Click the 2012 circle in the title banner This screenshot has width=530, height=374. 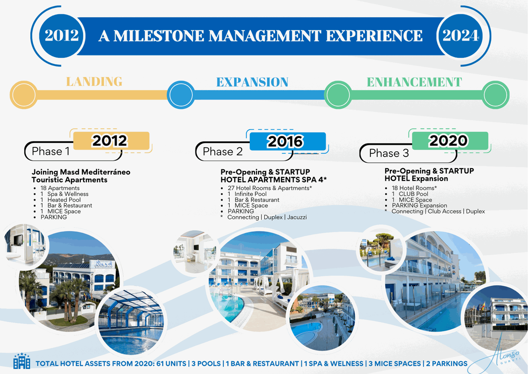[x=61, y=35]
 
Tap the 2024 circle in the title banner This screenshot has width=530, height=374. [x=460, y=35]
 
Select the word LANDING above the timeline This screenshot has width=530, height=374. [x=94, y=82]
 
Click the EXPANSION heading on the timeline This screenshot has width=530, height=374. [x=252, y=82]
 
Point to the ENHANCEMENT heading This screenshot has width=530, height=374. [x=414, y=82]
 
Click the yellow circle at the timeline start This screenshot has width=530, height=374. [x=24, y=95]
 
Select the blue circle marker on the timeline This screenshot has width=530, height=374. [x=181, y=95]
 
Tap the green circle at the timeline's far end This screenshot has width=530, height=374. [x=495, y=95]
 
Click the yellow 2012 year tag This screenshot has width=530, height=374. [x=111, y=141]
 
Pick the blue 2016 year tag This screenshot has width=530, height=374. [x=288, y=141]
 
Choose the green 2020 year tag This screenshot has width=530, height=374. [x=450, y=141]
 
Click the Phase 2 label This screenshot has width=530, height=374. [x=222, y=152]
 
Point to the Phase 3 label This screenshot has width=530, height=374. [x=389, y=153]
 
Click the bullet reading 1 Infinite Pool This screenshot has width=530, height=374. [x=247, y=194]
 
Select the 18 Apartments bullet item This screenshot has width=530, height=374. [x=60, y=188]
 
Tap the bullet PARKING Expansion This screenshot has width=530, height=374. [x=419, y=206]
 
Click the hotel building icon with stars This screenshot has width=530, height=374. [x=22, y=361]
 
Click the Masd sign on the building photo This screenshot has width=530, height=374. [x=104, y=264]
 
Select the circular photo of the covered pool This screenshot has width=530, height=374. [x=132, y=322]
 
